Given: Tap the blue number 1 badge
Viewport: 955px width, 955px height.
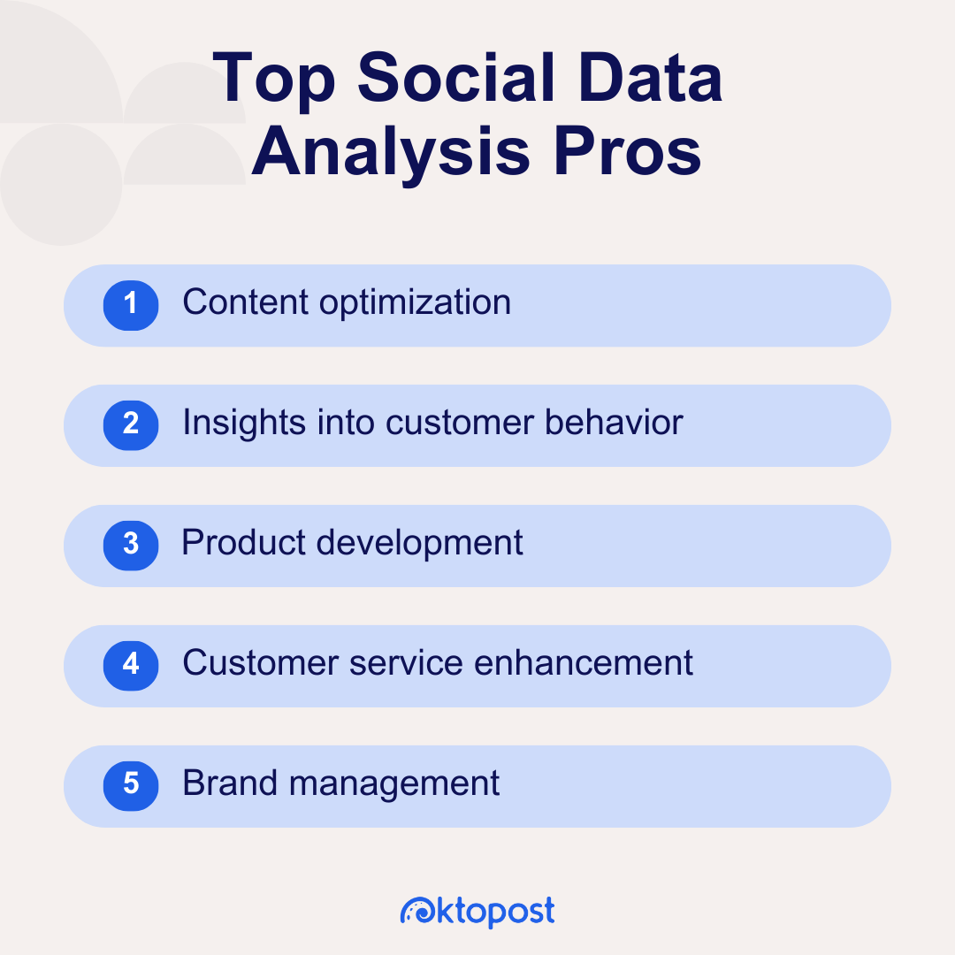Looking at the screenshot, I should coord(131,305).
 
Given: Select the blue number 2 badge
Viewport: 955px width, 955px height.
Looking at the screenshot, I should coord(131,425).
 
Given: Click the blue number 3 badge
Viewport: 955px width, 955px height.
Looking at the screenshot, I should coord(131,545).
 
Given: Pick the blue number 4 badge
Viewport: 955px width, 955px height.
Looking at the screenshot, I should coord(131,665).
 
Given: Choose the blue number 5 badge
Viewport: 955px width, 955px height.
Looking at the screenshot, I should coord(131,785).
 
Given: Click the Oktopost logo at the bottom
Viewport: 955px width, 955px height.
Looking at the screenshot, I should coord(477,911).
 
